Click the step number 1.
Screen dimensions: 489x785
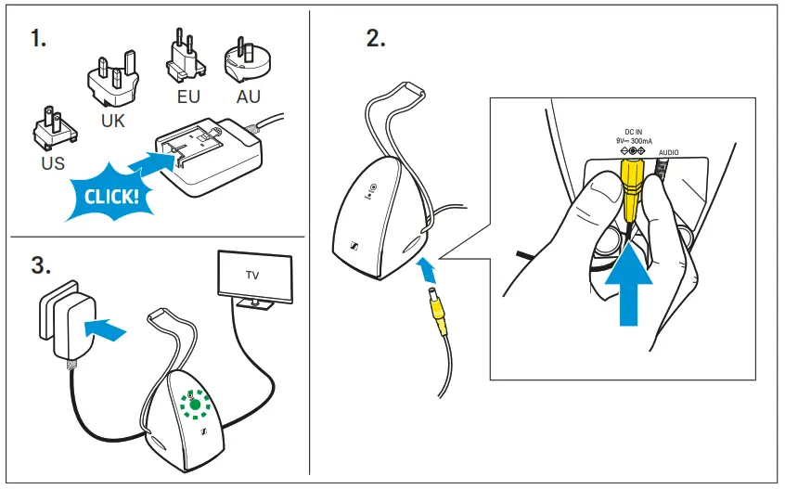coord(39,41)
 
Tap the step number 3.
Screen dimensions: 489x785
coord(40,264)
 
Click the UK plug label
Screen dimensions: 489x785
coord(113,121)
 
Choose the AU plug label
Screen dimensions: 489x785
coord(249,95)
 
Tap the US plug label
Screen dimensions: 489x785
coord(53,164)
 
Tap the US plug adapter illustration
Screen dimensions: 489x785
coord(51,130)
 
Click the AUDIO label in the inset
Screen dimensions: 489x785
coord(670,151)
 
